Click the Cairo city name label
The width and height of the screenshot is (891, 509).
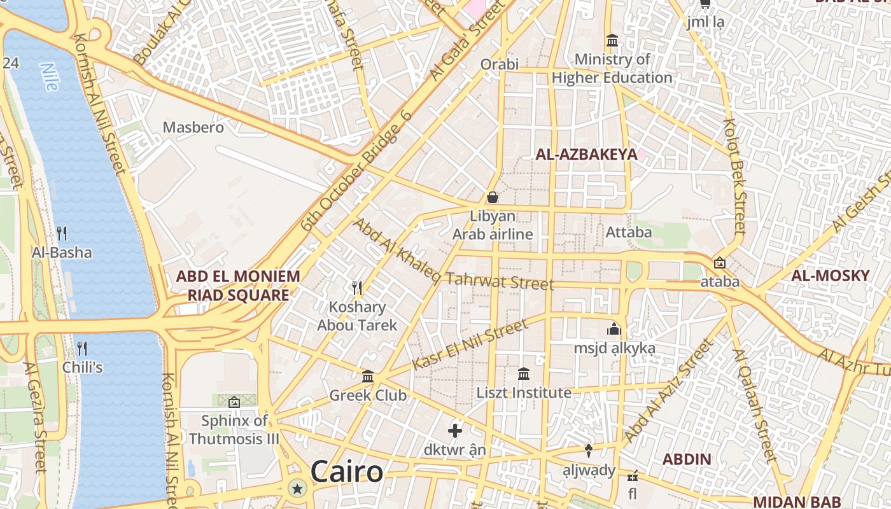pyautogui.click(x=347, y=472)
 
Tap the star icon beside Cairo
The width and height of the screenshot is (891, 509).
pyautogui.click(x=297, y=489)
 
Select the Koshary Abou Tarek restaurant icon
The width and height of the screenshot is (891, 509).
pyautogui.click(x=357, y=288)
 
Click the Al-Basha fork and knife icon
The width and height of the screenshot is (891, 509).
pyautogui.click(x=62, y=234)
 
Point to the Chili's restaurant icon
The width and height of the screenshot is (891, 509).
pyautogui.click(x=82, y=348)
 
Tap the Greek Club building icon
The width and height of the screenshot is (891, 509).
pyautogui.click(x=368, y=376)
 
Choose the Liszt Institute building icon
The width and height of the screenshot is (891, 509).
pyautogui.click(x=524, y=373)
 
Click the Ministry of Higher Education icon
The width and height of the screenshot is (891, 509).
pyautogui.click(x=612, y=41)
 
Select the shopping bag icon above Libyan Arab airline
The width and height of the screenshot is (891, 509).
pyautogui.click(x=493, y=197)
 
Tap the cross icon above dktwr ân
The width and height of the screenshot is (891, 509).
pyautogui.click(x=455, y=431)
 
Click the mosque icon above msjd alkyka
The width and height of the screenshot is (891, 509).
pyautogui.click(x=614, y=329)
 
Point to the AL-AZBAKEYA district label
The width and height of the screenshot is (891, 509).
pyautogui.click(x=586, y=154)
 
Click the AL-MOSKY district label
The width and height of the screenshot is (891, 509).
pyautogui.click(x=830, y=275)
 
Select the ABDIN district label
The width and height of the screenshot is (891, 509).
pyautogui.click(x=687, y=459)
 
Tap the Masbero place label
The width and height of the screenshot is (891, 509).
pyautogui.click(x=193, y=127)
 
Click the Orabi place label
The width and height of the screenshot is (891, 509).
pyautogui.click(x=500, y=64)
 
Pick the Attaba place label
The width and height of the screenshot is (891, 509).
pyautogui.click(x=629, y=232)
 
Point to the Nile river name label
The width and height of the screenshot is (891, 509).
pyautogui.click(x=49, y=77)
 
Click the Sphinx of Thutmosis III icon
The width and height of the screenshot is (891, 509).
pyautogui.click(x=234, y=401)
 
